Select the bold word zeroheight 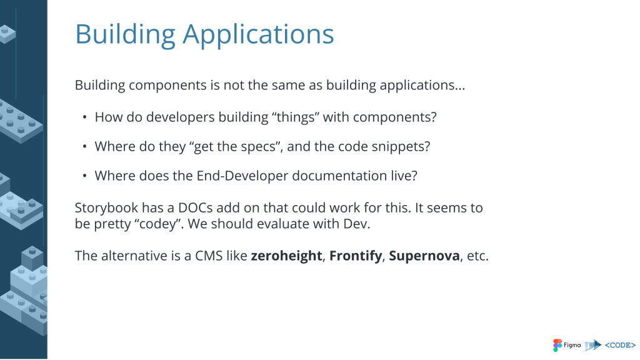pos(286,256)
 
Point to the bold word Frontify pos(356,256)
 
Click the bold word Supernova pos(424,256)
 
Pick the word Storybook pos(106,207)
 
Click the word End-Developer pos(242,176)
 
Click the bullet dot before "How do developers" pos(84,117)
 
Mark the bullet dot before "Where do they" pos(84,147)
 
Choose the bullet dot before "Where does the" pos(84,176)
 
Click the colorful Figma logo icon pos(557,345)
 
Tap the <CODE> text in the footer pos(620,345)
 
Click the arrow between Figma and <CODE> pos(592,345)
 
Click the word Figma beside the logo pos(572,345)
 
